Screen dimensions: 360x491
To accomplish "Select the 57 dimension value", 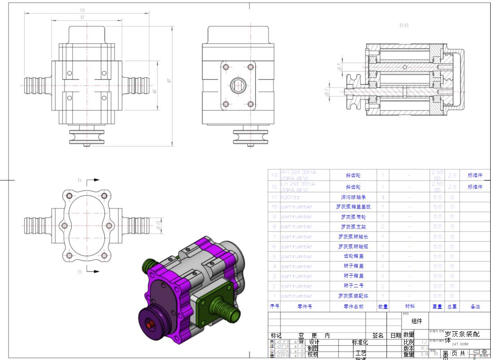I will pos(82,17).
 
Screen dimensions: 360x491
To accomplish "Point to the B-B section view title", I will pos(404,26).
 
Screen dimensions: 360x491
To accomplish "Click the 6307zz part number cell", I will pos(290,197).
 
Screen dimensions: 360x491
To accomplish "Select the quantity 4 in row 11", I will pos(383,197).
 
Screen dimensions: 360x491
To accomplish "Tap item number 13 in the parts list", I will pos(274,175).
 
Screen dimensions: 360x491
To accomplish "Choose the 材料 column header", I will pos(409,307).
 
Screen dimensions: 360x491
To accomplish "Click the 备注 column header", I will pos(475,307).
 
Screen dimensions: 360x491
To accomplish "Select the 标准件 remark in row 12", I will pos(475,187).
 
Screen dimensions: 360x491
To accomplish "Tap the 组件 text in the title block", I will pos(417,321).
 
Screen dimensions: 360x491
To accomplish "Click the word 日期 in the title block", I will pos(396,335).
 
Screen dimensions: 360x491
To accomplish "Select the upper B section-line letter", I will pos(80,181).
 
